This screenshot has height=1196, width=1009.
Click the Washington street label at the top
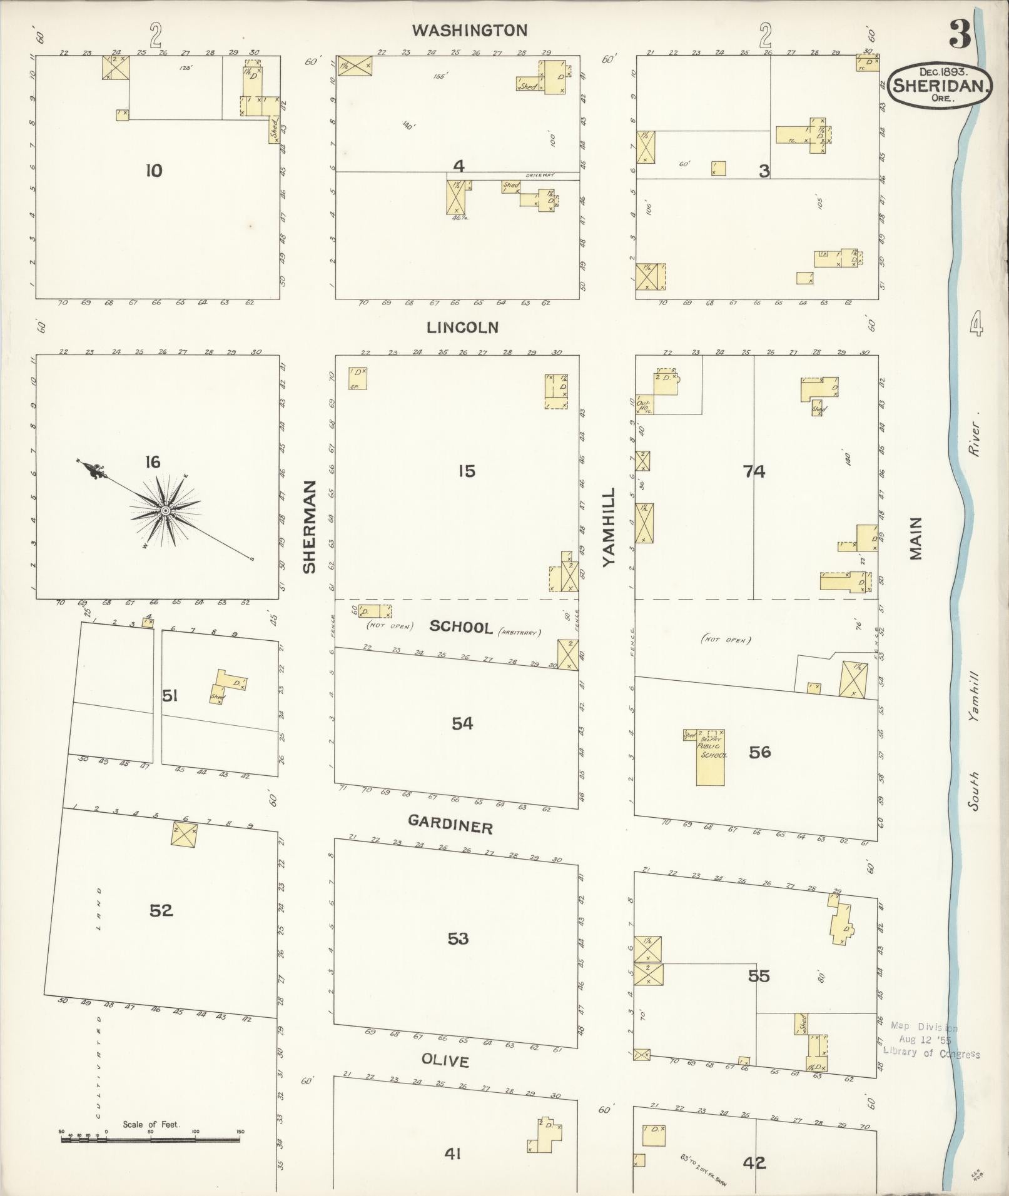[469, 30]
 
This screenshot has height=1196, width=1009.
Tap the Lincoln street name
[463, 327]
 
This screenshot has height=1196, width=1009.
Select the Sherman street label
[310, 527]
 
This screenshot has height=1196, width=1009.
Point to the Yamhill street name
[609, 527]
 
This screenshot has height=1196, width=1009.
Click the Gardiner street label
[450, 826]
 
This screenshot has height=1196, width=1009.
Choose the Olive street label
[445, 1060]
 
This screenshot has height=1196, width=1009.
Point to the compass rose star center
[165, 511]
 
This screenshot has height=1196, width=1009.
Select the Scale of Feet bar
[150, 1139]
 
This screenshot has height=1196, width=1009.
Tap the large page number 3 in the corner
[959, 34]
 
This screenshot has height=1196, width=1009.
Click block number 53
[458, 938]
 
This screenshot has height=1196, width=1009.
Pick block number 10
[154, 170]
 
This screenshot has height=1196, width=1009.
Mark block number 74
[754, 471]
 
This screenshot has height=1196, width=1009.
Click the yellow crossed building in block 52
[185, 835]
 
